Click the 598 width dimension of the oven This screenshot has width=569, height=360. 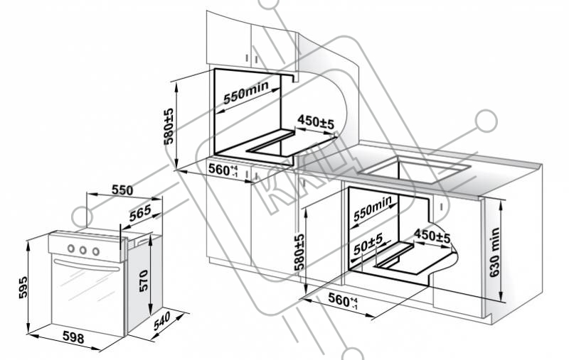click(x=73, y=337)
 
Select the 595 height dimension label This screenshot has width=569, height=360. click(x=23, y=287)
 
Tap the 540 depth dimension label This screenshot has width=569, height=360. click(x=161, y=321)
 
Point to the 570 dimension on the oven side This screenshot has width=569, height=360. click(x=144, y=280)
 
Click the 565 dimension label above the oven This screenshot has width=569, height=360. click(x=140, y=213)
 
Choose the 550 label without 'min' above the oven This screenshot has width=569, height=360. click(x=122, y=190)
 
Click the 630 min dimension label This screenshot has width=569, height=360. click(x=494, y=253)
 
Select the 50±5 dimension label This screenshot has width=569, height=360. click(x=368, y=244)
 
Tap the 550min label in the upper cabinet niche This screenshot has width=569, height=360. click(x=246, y=92)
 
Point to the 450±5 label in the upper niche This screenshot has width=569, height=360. click(x=315, y=121)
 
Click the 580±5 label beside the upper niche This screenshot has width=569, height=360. click(x=169, y=126)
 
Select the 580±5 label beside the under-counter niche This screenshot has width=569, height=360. click(x=299, y=253)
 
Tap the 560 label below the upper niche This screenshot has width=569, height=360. click(x=223, y=170)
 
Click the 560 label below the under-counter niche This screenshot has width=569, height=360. click(x=344, y=300)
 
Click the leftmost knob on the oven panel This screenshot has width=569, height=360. click(x=71, y=249)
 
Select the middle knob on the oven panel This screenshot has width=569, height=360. click(x=83, y=250)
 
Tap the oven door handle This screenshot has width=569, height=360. click(x=86, y=264)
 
